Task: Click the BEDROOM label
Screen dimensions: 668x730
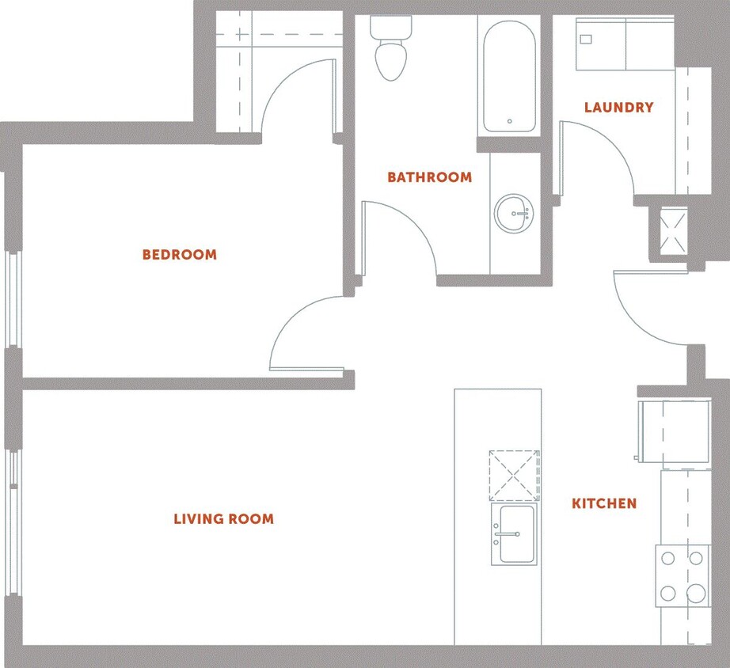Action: pyautogui.click(x=179, y=255)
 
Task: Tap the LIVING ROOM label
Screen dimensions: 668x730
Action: pyautogui.click(x=223, y=519)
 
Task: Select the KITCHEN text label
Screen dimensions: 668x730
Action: pyautogui.click(x=604, y=503)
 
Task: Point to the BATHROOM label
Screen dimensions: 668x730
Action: pyautogui.click(x=429, y=177)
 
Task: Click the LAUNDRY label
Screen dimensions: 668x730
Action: pyautogui.click(x=618, y=107)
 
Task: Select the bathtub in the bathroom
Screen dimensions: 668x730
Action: pyautogui.click(x=508, y=77)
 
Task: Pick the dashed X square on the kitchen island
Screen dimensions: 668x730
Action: pyautogui.click(x=514, y=476)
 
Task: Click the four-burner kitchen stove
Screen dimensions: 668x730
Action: pyautogui.click(x=682, y=575)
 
